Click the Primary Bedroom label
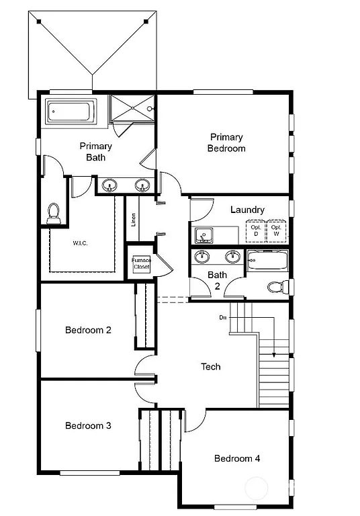226,142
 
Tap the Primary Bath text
95,151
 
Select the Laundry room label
247,210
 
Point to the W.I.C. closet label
80,243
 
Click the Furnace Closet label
141,263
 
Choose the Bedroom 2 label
88,330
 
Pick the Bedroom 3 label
88,425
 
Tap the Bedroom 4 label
237,458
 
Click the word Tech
211,367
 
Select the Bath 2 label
217,279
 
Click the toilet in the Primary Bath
54,214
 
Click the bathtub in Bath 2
267,261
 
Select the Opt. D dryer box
256,230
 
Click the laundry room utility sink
204,236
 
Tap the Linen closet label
133,220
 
